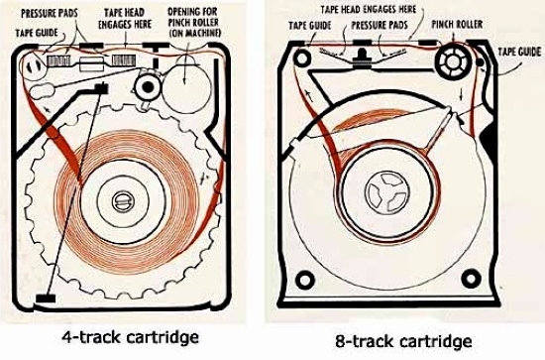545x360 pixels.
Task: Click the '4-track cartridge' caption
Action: coord(131,337)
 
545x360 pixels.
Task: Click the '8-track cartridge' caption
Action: coord(403,341)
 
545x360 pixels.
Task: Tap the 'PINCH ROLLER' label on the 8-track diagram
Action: coord(457,25)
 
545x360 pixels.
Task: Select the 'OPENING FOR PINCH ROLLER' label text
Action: coord(194,22)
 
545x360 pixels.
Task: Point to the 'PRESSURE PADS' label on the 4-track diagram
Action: coord(50,13)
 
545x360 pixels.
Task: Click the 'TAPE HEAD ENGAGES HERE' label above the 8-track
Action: coord(368,9)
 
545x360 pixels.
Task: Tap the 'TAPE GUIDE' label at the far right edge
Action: coord(519,52)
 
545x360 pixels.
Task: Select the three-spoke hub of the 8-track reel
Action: coord(386,192)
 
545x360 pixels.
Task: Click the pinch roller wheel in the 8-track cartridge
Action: coord(453,61)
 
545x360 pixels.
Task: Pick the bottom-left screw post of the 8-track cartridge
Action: coord(305,280)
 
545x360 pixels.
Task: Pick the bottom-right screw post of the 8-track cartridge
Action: coord(471,279)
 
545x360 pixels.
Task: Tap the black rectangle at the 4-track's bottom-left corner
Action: coord(46,299)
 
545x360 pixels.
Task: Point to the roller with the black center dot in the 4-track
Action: coord(148,86)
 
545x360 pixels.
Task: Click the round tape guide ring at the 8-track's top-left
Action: coord(302,58)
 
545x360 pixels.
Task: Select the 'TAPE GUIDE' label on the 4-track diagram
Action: coord(37,33)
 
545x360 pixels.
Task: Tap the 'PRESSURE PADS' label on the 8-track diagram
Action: coord(380,25)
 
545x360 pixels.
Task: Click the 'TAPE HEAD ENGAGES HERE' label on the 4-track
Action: coord(125,19)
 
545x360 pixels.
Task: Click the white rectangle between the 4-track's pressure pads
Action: coord(91,64)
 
